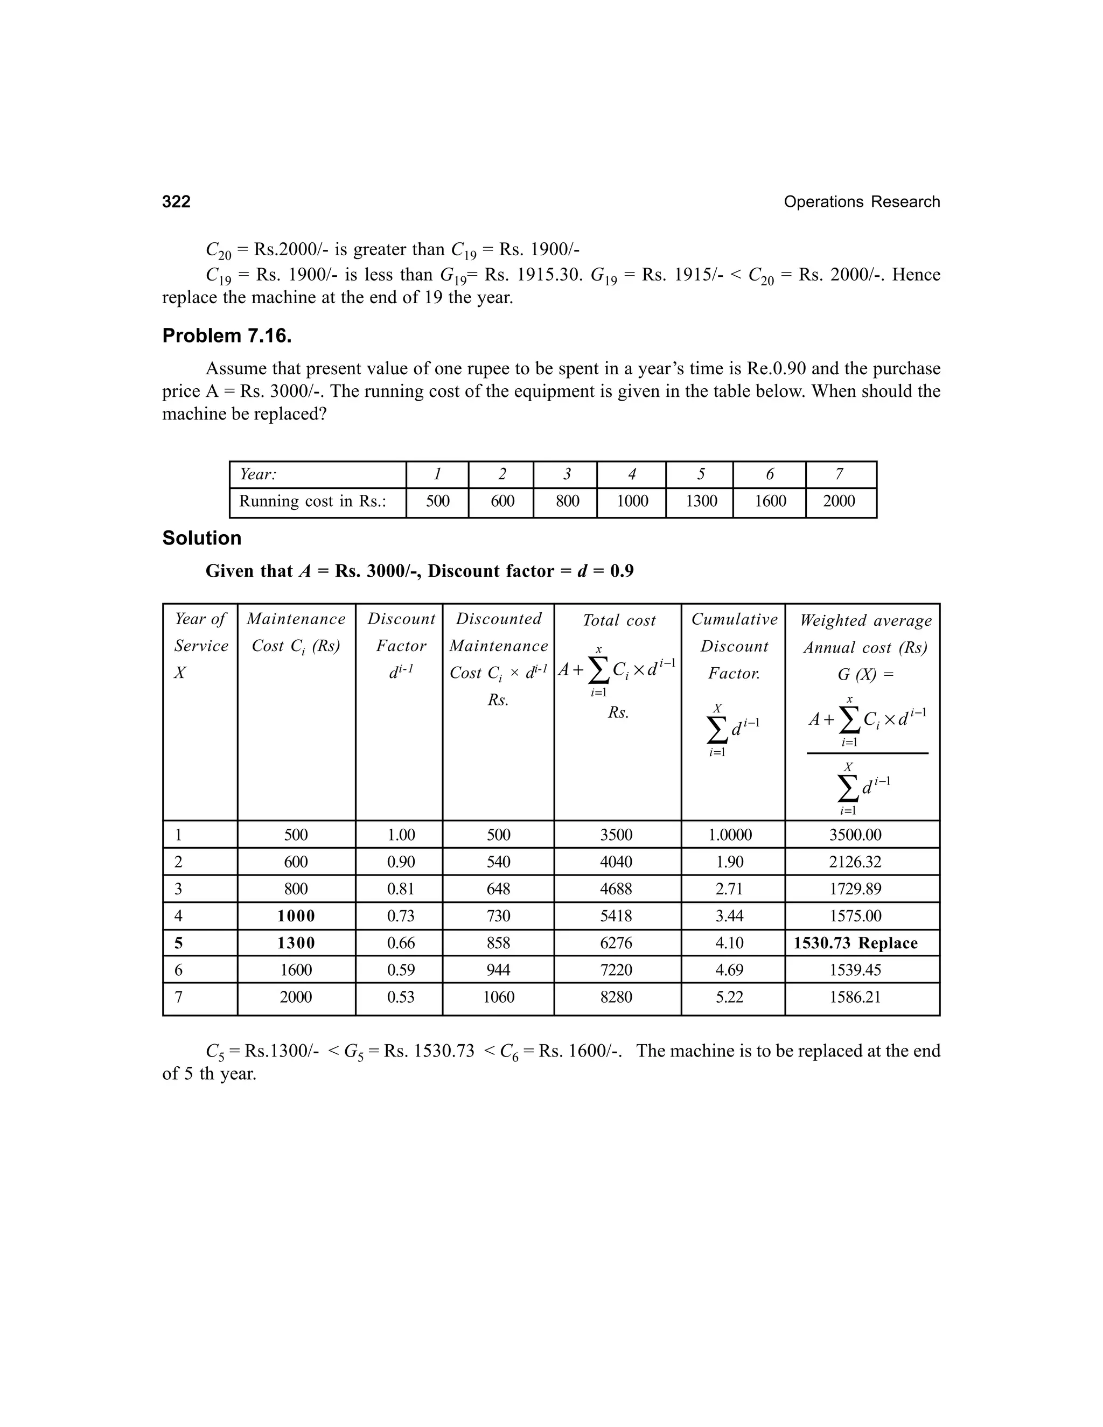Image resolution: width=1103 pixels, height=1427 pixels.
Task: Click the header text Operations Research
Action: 861,202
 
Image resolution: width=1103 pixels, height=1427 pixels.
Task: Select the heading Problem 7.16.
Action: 227,336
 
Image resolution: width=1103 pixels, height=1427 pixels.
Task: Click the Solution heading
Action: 202,538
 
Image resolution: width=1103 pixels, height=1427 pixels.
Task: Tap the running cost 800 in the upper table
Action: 567,501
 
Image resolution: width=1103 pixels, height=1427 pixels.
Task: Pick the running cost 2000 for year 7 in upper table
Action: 839,501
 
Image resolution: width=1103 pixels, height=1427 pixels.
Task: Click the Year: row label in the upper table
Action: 257,474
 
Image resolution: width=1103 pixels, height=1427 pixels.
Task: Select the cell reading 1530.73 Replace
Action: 855,943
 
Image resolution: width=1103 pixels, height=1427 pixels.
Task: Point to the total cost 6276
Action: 616,943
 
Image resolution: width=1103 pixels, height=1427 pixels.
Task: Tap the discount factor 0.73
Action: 401,916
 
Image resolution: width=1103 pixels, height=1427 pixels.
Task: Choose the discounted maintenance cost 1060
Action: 498,997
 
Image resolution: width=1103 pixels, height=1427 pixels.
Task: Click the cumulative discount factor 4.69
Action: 729,970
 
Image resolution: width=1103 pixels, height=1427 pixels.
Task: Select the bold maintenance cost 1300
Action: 296,943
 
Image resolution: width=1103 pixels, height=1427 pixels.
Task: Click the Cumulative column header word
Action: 735,619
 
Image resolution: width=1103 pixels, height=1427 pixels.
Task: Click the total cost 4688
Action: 616,889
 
